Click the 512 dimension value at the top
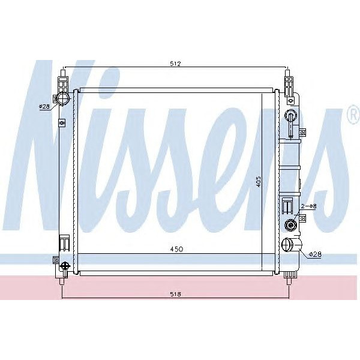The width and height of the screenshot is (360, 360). tap(175, 64)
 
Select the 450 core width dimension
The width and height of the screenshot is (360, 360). tap(175, 249)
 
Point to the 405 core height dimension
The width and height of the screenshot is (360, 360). tap(259, 181)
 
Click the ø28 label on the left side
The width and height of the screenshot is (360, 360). tap(44, 106)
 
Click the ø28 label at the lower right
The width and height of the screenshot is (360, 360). tap(315, 254)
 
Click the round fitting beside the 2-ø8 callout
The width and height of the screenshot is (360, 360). tap(290, 226)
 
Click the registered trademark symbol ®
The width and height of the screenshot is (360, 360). tap(353, 118)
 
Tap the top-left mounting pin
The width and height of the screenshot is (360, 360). tap(62, 79)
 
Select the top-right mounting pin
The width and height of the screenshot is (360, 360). tap(289, 79)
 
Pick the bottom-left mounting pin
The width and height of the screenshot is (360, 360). tap(62, 277)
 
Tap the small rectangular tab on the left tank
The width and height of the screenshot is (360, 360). tap(61, 123)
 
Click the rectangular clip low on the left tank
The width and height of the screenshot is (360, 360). tap(62, 243)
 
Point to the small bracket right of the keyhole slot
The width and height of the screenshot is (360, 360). tap(302, 132)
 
